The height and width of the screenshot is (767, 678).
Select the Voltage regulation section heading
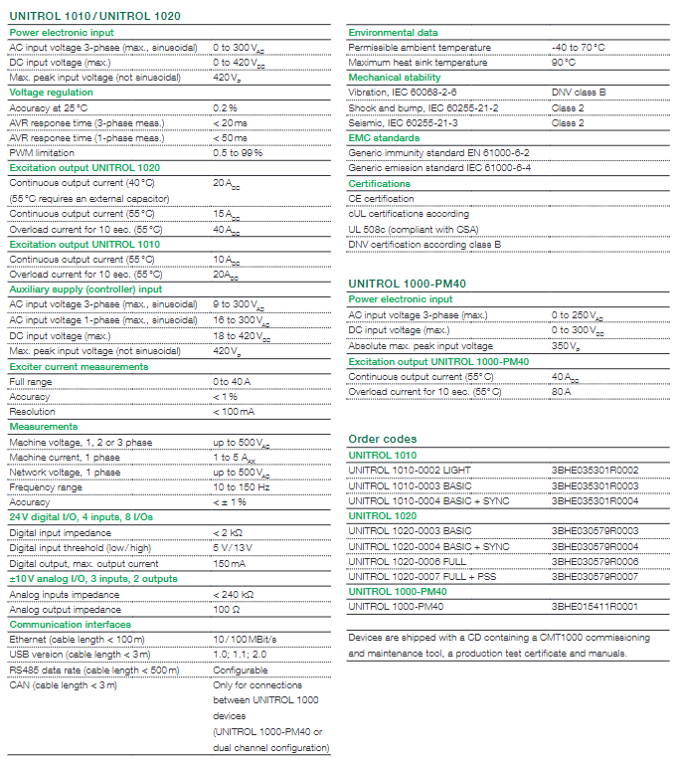52,93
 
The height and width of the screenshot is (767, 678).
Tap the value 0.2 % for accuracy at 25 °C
225,107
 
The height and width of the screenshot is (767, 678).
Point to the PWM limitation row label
43,152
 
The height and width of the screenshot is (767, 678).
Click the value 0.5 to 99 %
238,152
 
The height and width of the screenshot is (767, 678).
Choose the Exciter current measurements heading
79,367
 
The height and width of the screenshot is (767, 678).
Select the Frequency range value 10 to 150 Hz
242,487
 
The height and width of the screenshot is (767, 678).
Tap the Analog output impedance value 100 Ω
227,608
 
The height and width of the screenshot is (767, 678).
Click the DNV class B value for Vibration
579,93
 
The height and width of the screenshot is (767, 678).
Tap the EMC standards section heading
384,137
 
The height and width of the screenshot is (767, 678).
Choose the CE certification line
381,198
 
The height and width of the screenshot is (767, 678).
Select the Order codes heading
383,439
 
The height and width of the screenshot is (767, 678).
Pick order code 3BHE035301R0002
594,471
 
